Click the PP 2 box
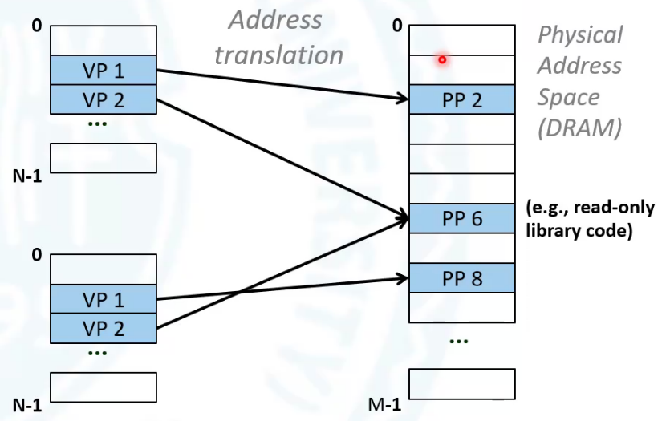pyautogui.click(x=462, y=99)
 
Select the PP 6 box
pyautogui.click(x=462, y=219)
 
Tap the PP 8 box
pyautogui.click(x=462, y=278)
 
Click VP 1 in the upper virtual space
pyautogui.click(x=104, y=70)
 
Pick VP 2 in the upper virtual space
pyautogui.click(x=104, y=99)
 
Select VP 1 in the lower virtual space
pyautogui.click(x=104, y=299)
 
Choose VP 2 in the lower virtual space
pyautogui.click(x=104, y=329)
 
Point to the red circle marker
pyautogui.click(x=442, y=60)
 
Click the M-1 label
pyautogui.click(x=384, y=404)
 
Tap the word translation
pyautogui.click(x=278, y=55)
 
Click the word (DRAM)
pyautogui.click(x=579, y=128)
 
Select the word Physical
pyautogui.click(x=580, y=35)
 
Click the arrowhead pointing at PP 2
pyautogui.click(x=402, y=99)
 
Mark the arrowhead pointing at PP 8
pyautogui.click(x=402, y=278)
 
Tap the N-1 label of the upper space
pyautogui.click(x=27, y=176)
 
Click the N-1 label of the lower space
pyautogui.click(x=27, y=406)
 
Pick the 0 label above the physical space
pyautogui.click(x=397, y=26)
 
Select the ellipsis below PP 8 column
pyautogui.click(x=459, y=341)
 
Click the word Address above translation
pyautogui.click(x=275, y=20)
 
